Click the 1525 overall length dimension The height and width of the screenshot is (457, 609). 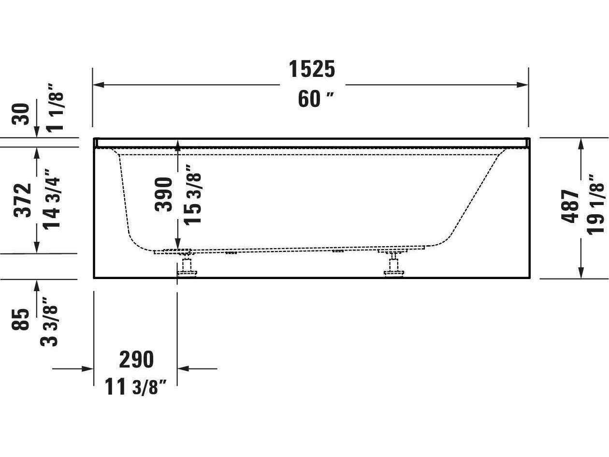click(x=312, y=69)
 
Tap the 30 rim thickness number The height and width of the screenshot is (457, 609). click(x=23, y=114)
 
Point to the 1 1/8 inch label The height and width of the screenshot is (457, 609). click(x=55, y=112)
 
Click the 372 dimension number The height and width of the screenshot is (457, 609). click(x=23, y=200)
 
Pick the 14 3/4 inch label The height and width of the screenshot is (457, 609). click(x=52, y=199)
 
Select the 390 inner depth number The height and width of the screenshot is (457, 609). click(x=164, y=194)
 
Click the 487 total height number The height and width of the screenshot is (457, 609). click(x=571, y=206)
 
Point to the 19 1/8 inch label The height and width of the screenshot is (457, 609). click(x=596, y=208)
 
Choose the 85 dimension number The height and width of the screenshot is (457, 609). click(x=21, y=319)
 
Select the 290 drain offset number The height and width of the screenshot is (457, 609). click(x=136, y=359)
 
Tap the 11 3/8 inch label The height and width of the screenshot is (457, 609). click(x=136, y=387)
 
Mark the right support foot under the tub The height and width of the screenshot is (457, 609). click(x=394, y=265)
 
